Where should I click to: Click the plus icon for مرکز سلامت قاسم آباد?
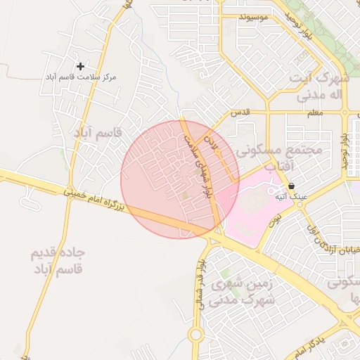pos(80,65)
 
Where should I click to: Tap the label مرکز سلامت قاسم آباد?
pos(80,76)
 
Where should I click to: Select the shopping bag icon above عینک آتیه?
pos(291,186)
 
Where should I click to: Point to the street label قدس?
pos(240,112)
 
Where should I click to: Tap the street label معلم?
pos(314,112)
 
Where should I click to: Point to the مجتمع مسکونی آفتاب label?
pos(278,157)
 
